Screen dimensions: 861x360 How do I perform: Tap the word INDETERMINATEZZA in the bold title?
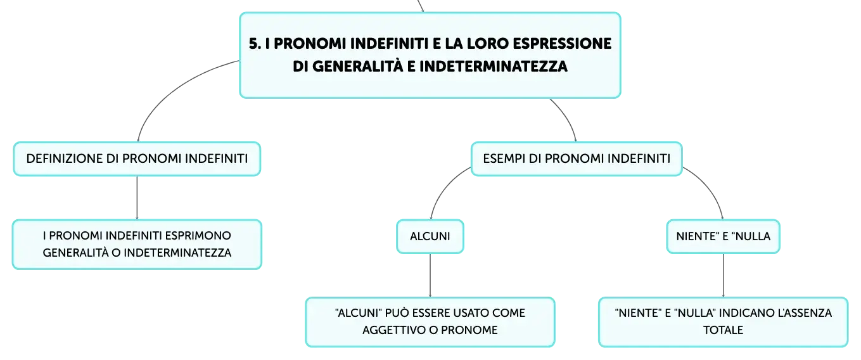tap(494, 66)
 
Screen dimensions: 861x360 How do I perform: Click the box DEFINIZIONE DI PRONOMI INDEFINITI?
tap(137, 159)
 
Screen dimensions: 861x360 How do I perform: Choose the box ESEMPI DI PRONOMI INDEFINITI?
tap(577, 159)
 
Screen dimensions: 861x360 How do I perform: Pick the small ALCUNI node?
tap(430, 236)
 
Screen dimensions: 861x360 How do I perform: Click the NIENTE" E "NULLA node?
tap(724, 236)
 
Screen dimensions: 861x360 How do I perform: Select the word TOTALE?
tap(724, 330)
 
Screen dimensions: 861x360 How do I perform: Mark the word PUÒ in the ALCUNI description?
tap(397, 313)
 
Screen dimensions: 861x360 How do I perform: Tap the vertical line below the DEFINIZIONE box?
tap(137, 198)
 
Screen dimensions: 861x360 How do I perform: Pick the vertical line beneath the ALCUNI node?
tap(430, 275)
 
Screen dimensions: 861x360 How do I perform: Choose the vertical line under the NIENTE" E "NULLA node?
tap(724, 275)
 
